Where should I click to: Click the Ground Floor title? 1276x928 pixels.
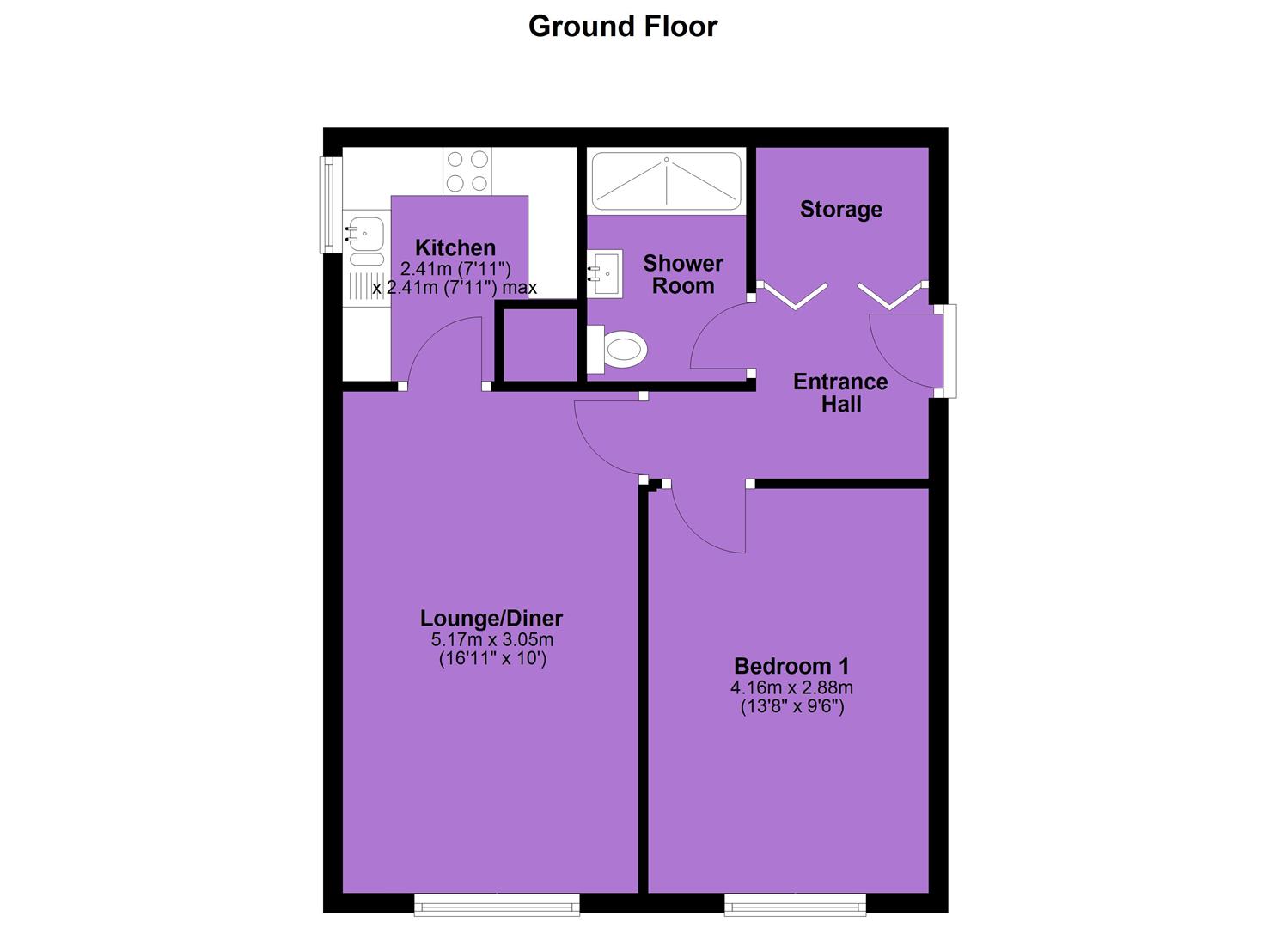[623, 27]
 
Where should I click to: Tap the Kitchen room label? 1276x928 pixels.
[455, 247]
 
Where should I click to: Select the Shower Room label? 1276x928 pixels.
[683, 274]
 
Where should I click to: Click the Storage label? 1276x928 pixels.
[841, 209]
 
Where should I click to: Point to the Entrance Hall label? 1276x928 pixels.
[840, 393]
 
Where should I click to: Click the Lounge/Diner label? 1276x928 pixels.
[491, 618]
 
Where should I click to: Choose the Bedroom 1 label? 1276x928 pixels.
[791, 666]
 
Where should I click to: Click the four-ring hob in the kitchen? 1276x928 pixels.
[467, 171]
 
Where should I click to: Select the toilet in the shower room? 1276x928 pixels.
[619, 349]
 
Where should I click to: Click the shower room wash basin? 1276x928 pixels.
[605, 273]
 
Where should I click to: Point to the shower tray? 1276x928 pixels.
[667, 180]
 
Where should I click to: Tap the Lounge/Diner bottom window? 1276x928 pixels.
[497, 904]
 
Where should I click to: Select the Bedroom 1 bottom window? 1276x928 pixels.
[795, 904]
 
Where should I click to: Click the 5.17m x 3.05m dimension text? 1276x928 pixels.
[491, 640]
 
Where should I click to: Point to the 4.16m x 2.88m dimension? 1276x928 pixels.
[791, 687]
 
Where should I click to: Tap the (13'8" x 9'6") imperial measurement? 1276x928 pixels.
[791, 707]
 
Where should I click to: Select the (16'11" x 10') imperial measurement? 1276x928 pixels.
[492, 659]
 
